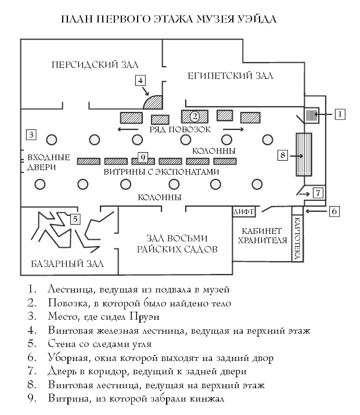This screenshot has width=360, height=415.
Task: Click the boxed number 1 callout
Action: pos(340,114)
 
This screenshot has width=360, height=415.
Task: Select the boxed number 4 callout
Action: pos(140,80)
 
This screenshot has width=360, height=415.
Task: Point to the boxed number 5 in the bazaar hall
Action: pos(75,219)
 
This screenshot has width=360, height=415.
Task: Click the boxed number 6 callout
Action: pos(334,211)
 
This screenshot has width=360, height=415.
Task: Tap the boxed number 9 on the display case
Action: pos(142,156)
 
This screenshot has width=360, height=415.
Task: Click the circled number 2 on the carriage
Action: pos(195,116)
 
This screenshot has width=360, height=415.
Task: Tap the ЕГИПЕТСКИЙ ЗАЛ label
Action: pos(231,76)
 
